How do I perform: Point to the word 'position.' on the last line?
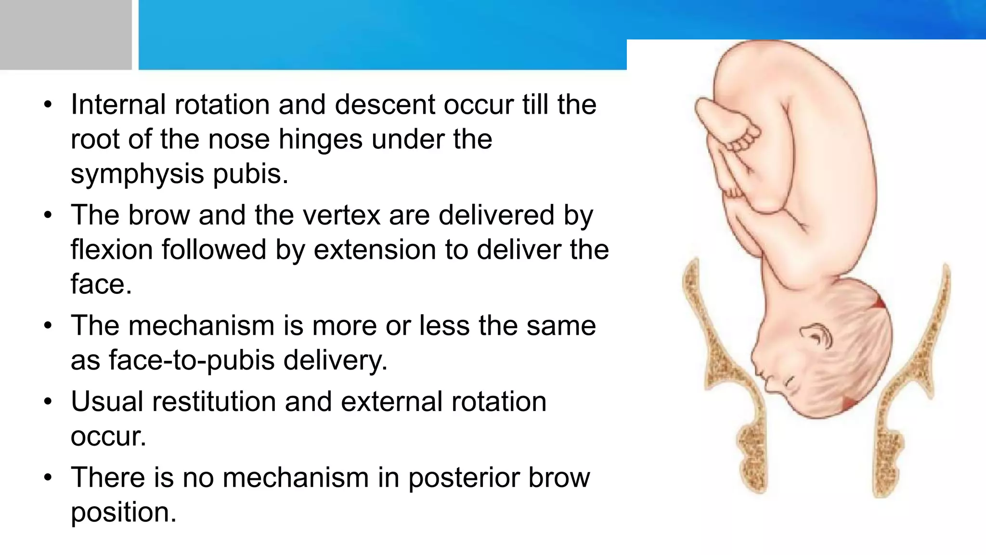123,512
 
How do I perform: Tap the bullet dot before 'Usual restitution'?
47,401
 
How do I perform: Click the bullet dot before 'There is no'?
47,477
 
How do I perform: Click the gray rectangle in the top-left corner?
65,35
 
